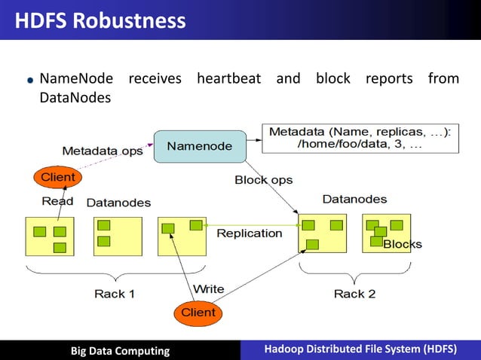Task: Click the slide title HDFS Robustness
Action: [x=100, y=20]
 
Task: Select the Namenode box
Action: [x=199, y=145]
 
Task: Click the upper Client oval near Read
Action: [x=57, y=177]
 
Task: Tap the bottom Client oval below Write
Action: [x=198, y=312]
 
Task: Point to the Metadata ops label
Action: [x=102, y=151]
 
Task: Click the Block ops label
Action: [x=263, y=180]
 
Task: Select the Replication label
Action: [x=249, y=233]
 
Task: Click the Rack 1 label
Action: [x=115, y=294]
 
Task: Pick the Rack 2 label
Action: [x=354, y=294]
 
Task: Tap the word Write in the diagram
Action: [x=208, y=289]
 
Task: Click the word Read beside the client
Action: [x=57, y=201]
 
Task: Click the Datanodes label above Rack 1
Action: [x=118, y=203]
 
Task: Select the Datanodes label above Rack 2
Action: [x=354, y=200]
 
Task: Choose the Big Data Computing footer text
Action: [x=120, y=350]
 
